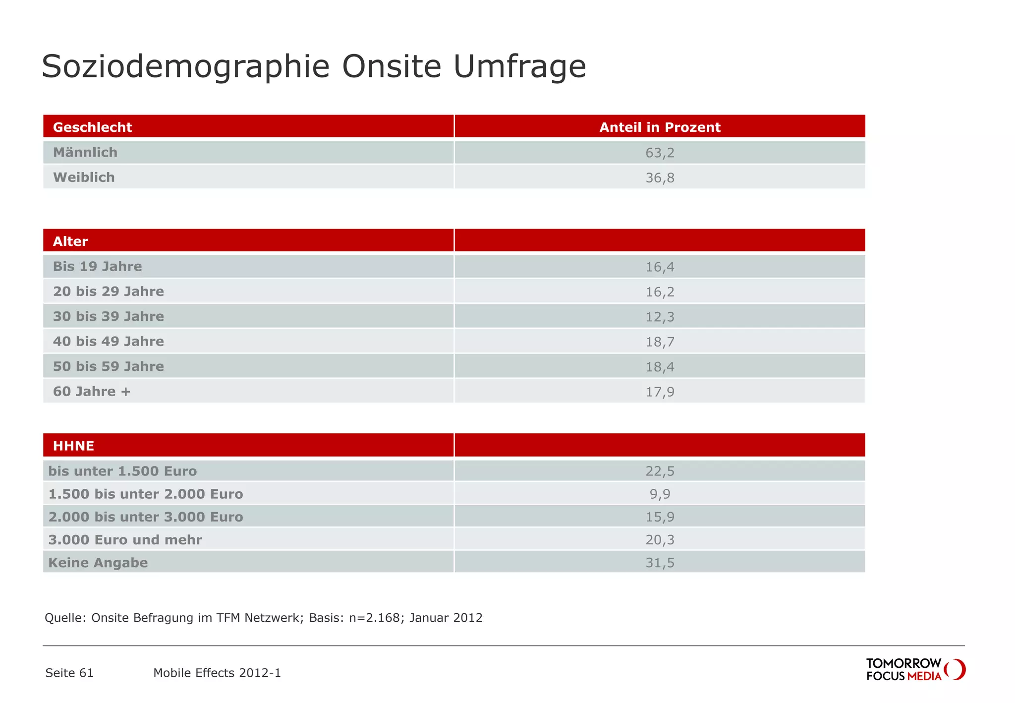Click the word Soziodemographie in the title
(x=185, y=66)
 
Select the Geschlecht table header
(x=92, y=127)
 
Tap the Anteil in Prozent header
(x=660, y=127)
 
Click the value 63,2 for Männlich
(x=660, y=153)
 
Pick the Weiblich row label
(x=84, y=177)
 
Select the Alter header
(x=70, y=241)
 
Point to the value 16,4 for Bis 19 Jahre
(x=660, y=267)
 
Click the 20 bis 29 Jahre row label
(x=108, y=292)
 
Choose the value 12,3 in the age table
(x=660, y=317)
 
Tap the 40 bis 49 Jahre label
(x=108, y=342)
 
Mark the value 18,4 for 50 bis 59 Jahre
(x=660, y=367)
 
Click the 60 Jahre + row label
(x=92, y=392)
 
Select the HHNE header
(x=73, y=446)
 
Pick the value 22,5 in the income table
(x=660, y=471)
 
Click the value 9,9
(x=660, y=494)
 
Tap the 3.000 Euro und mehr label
(x=125, y=540)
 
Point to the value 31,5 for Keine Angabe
(x=660, y=563)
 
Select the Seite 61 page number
(x=69, y=673)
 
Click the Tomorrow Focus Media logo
(x=915, y=670)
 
